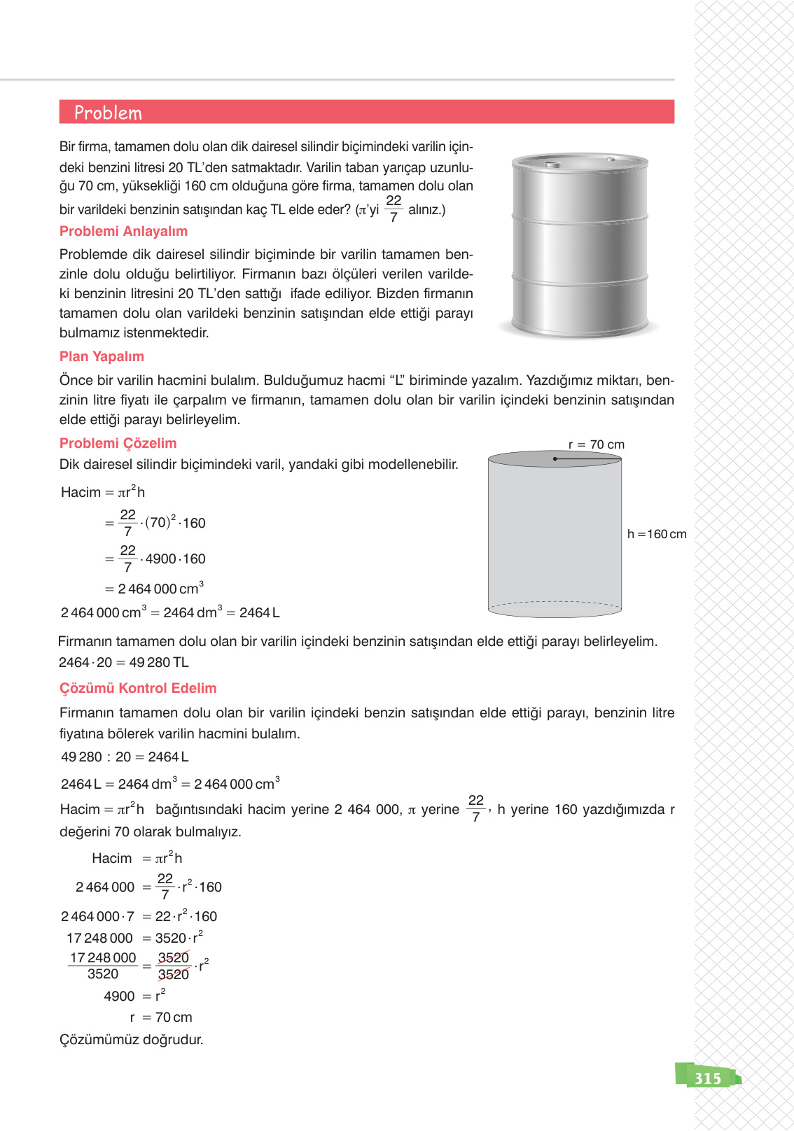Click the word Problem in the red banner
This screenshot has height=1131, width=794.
[108, 113]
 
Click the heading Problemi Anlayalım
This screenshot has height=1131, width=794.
[123, 232]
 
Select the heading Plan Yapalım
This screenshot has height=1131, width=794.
[102, 357]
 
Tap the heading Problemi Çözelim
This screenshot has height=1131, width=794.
[118, 444]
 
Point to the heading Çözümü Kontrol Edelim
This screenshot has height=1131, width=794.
[138, 689]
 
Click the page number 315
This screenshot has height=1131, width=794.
[707, 1079]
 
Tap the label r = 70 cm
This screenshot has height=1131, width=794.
[596, 445]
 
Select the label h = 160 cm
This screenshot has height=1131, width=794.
[657, 535]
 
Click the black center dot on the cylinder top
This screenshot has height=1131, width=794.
[555, 459]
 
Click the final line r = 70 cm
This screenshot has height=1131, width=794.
[160, 1018]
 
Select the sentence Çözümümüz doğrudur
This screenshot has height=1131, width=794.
[131, 1040]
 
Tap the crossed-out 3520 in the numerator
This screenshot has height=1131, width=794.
[173, 958]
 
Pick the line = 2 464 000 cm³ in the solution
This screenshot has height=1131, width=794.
[154, 589]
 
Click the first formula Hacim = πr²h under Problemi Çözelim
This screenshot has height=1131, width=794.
[103, 493]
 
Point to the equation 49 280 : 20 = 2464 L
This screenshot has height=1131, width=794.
[125, 757]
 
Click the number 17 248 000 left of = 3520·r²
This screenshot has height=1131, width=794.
[99, 939]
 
